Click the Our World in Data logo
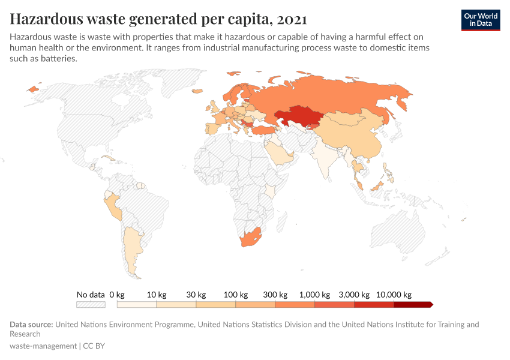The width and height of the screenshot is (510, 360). coord(480,19)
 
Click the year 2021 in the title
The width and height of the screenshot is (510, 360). coord(292,19)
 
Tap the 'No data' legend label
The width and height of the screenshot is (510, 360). coord(91,295)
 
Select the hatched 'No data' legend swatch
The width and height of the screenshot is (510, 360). coord(91,305)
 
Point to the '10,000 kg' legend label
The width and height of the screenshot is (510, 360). coord(394,295)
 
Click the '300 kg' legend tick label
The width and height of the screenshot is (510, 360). coord(275,295)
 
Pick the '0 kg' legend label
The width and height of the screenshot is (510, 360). coord(117,295)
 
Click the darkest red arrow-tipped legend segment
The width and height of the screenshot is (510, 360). coord(413,305)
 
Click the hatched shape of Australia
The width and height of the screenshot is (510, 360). coord(399,231)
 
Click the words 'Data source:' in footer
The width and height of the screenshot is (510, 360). coord(31,325)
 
